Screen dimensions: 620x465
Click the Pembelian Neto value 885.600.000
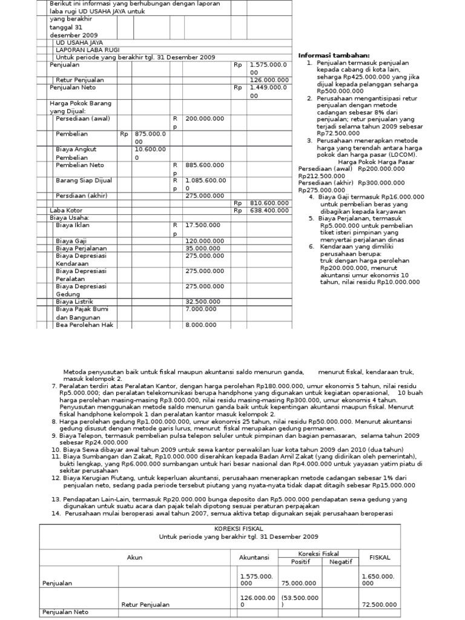pyautogui.click(x=205, y=165)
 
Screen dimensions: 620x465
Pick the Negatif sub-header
pyautogui.click(x=341, y=562)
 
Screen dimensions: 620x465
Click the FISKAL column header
pyautogui.click(x=380, y=558)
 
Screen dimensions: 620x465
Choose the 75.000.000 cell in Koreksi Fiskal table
pyautogui.click(x=299, y=583)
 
